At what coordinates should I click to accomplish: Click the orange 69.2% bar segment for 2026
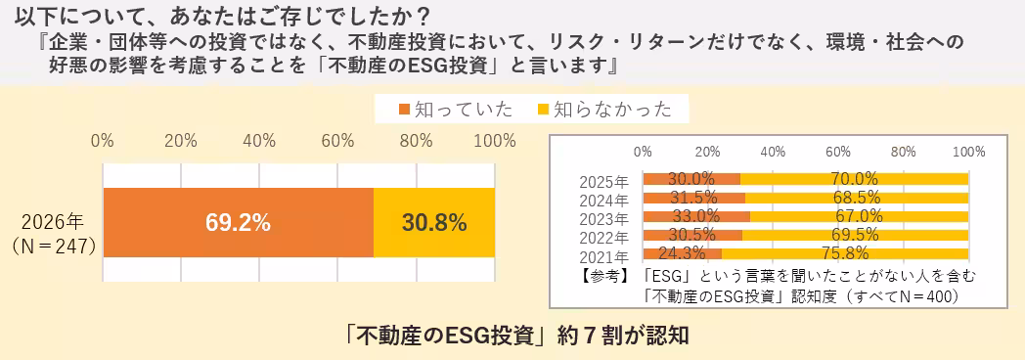coord(238,222)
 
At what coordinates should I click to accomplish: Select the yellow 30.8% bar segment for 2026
coord(433,222)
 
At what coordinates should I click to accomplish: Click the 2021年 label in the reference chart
coord(603,255)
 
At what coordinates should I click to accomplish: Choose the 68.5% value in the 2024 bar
coord(857,198)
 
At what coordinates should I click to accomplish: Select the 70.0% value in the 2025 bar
coord(854,179)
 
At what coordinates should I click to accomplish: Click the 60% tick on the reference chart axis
coord(838,153)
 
